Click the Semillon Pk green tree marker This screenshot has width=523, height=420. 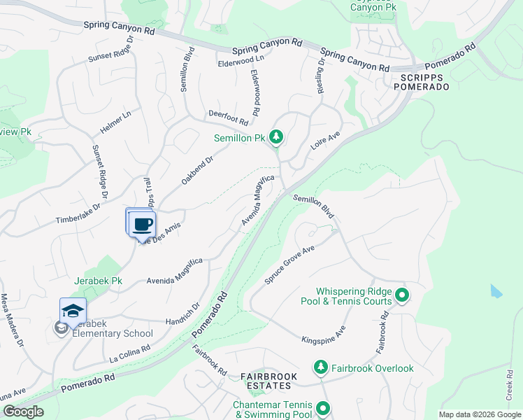coord(276,137)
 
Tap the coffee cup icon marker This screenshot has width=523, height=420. coord(143,224)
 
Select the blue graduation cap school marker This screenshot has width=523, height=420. coord(73,311)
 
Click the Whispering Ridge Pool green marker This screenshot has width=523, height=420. coord(401,295)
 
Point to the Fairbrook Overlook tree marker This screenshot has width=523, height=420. coord(320,367)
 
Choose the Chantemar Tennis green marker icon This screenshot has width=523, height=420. coord(322,408)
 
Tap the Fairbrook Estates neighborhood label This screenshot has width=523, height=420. coord(268,381)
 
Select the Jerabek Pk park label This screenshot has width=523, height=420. coord(99,281)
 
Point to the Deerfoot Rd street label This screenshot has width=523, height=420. coord(229,117)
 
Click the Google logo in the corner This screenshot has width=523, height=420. coord(23,412)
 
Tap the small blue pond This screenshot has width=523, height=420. coord(496,290)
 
